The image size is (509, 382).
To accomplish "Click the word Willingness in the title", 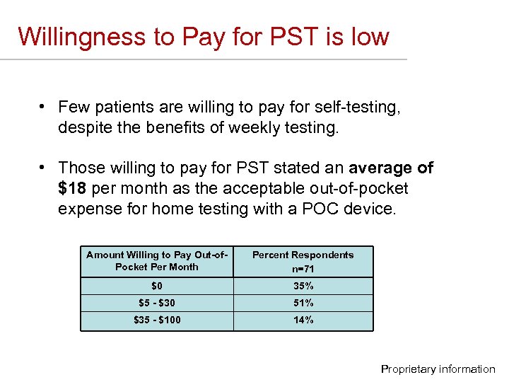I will tap(81, 36).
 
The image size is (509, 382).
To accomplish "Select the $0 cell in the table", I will tap(156, 286).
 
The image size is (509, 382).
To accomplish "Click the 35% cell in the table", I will tap(303, 286).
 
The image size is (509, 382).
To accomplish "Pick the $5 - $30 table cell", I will tap(156, 303).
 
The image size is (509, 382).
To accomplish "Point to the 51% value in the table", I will tap(303, 303).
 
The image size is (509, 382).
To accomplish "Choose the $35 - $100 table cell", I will tap(156, 320).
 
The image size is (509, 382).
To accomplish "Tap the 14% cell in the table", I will tap(303, 320).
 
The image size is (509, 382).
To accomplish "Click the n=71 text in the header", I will tap(303, 269).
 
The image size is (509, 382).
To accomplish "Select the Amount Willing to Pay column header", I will tap(156, 260).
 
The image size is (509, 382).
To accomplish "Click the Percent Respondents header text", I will tap(303, 255).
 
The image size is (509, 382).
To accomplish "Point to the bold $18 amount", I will tap(72, 189).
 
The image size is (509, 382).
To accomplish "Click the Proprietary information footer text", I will tap(438, 369).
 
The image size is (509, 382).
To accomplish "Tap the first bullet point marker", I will tap(43, 107).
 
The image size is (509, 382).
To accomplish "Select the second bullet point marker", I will tap(43, 168).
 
